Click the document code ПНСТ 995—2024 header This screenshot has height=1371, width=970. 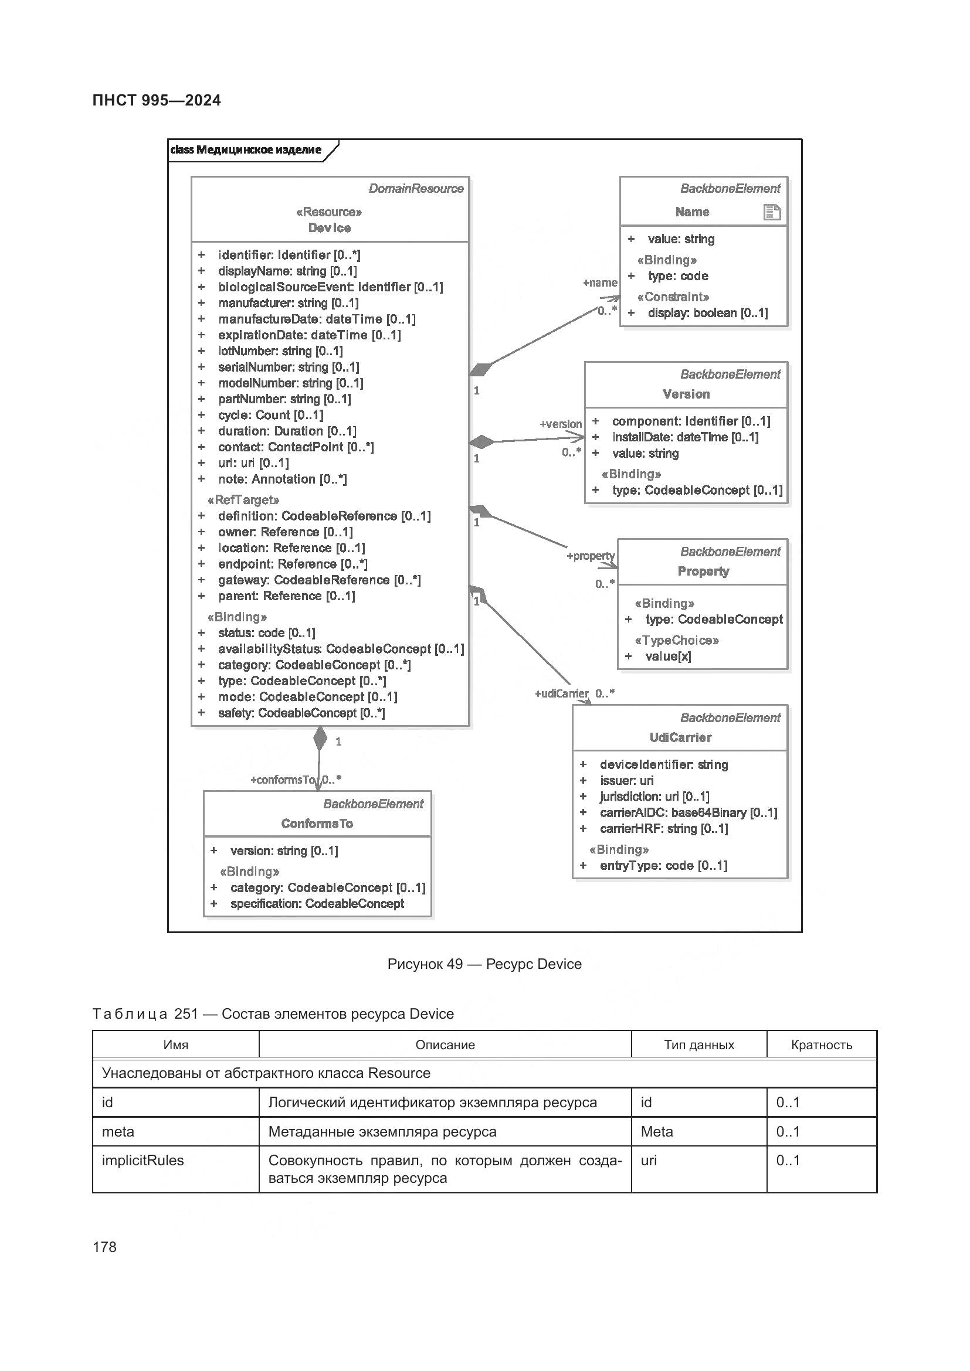(157, 100)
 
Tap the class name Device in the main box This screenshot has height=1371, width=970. (329, 227)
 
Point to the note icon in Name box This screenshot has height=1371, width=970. (772, 212)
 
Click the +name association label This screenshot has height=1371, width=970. (600, 283)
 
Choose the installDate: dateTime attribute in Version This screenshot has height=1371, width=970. (685, 437)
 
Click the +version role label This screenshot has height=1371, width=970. (560, 424)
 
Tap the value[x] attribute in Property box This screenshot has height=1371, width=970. (668, 656)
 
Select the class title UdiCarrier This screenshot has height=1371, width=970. (680, 737)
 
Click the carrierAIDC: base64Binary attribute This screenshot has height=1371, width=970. (688, 812)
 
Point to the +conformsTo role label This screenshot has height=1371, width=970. (282, 780)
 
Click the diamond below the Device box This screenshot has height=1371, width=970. (320, 739)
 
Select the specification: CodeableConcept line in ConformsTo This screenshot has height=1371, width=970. (317, 903)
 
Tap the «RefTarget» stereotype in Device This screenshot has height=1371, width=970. (243, 500)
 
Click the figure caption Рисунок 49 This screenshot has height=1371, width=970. (484, 964)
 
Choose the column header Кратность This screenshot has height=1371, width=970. (821, 1045)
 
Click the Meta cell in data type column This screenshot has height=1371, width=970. (656, 1131)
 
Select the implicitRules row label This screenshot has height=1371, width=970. (143, 1160)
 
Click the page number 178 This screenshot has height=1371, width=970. (105, 1247)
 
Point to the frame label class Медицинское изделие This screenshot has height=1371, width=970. (246, 150)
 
